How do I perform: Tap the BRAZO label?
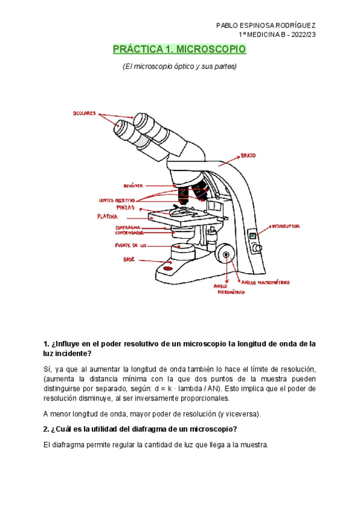click(248, 156)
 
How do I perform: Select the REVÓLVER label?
click(133, 186)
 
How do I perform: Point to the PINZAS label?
click(125, 206)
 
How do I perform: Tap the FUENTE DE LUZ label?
click(131, 245)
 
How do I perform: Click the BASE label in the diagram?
click(129, 260)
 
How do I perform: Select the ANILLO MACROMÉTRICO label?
click(265, 281)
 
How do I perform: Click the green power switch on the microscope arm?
click(254, 236)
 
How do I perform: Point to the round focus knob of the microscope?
click(226, 254)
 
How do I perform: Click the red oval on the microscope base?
click(176, 268)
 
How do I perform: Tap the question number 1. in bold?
click(47, 344)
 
